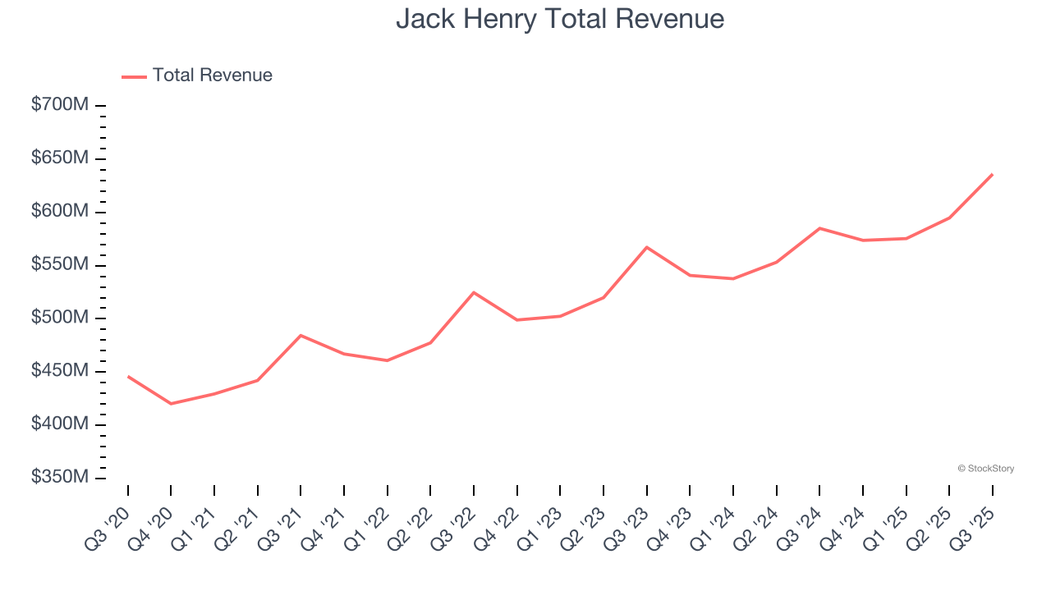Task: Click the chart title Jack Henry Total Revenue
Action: coord(560,19)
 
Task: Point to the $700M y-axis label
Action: coord(60,106)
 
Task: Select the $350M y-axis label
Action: coord(60,478)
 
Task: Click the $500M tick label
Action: coord(60,318)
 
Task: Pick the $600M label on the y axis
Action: coord(60,213)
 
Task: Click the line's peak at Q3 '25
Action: coord(992,174)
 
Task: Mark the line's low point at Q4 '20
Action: coord(171,404)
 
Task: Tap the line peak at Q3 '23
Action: coord(647,247)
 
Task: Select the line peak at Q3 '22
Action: coord(474,292)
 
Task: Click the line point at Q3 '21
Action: coord(301,335)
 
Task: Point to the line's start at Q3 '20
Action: coord(128,376)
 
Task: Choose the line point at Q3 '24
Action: coord(819,228)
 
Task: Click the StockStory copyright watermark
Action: coord(985,469)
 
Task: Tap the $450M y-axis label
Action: coord(60,372)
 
